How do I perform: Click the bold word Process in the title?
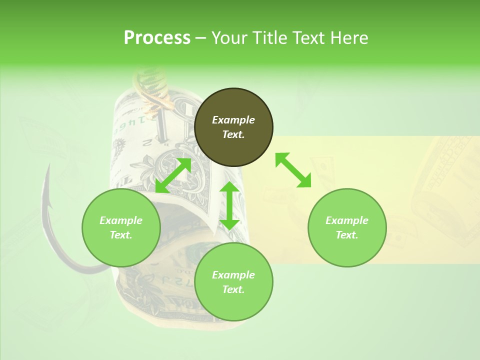(157, 37)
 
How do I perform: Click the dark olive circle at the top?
(233, 127)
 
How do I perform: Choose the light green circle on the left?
(121, 227)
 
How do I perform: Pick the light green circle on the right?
(347, 227)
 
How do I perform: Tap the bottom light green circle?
(233, 282)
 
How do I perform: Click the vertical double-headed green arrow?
(229, 205)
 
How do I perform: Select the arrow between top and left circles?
(173, 175)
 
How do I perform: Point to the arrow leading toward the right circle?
(293, 170)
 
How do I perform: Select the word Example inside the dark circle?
(233, 120)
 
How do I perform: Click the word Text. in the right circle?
(346, 235)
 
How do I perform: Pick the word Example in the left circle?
(121, 220)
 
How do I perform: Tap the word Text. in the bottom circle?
(233, 289)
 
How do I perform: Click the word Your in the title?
(227, 37)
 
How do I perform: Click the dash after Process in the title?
(201, 37)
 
